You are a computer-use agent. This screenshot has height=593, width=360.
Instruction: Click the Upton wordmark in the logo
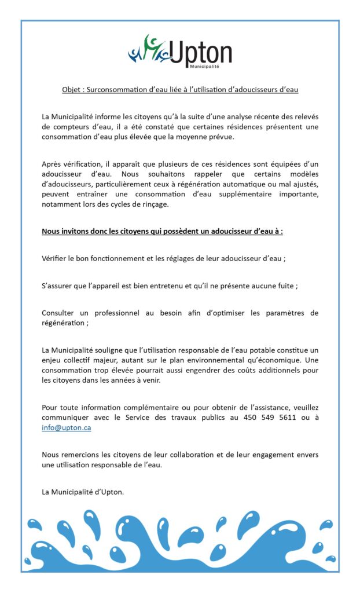point(200,54)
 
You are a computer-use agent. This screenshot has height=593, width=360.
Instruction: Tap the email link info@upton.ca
point(66,428)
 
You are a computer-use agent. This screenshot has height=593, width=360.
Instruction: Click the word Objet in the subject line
point(72,90)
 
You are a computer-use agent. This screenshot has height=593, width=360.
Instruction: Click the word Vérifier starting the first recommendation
point(54,258)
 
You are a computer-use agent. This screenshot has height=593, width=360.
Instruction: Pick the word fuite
point(287,285)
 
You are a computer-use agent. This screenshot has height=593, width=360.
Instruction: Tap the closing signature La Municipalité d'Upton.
point(83,492)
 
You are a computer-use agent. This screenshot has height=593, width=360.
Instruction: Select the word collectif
point(80,360)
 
